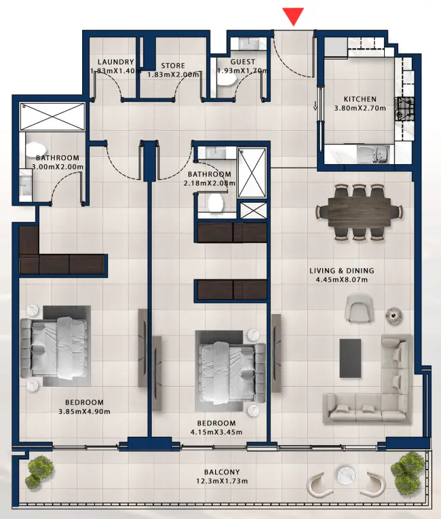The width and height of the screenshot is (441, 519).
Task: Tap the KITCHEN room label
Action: coord(360,99)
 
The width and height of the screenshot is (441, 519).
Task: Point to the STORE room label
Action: coord(173,66)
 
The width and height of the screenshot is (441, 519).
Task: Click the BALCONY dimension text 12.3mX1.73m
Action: coord(222,482)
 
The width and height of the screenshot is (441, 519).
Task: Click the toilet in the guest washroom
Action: coord(227,79)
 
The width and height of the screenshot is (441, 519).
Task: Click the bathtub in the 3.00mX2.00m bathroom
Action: coord(52,117)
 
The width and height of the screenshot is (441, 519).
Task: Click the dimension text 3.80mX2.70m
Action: coord(360,108)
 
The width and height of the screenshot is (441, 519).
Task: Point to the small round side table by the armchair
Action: coord(392,315)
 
